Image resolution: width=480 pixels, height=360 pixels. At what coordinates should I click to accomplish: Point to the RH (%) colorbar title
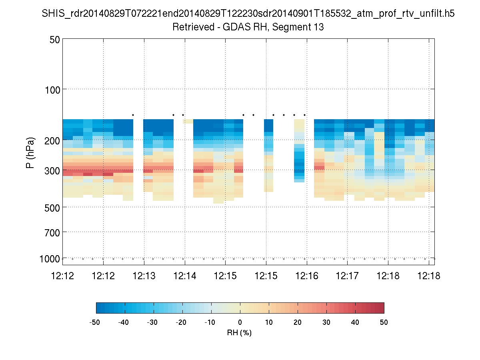point(239,332)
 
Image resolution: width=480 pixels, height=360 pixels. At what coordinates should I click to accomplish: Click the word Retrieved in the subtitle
point(190,28)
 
